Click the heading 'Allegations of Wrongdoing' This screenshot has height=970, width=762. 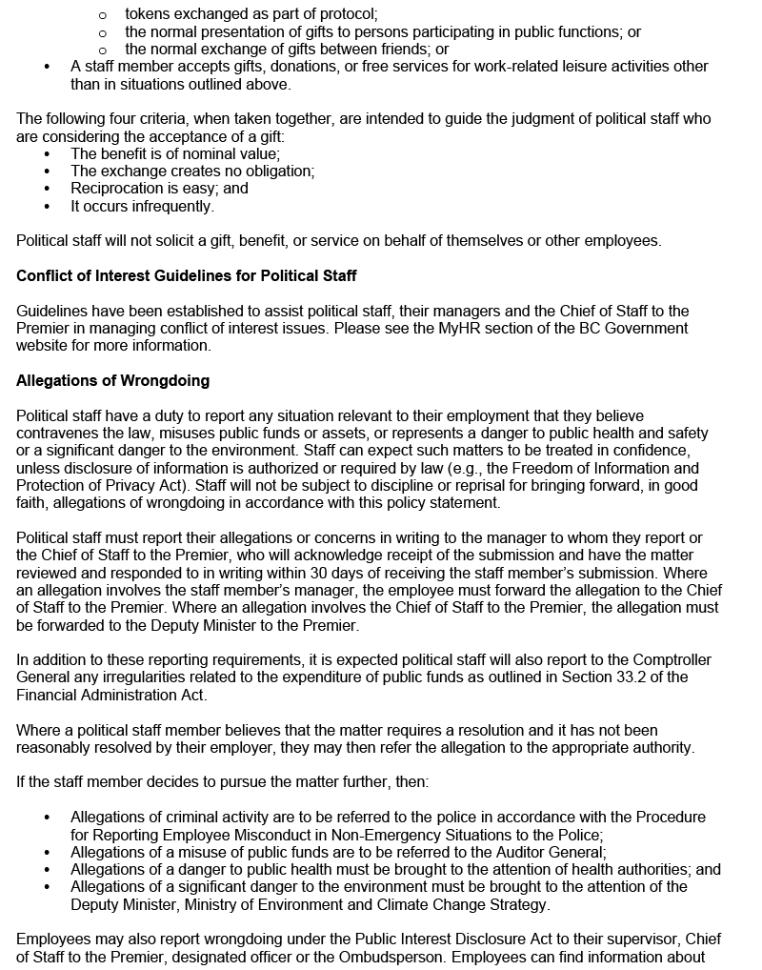coord(112,381)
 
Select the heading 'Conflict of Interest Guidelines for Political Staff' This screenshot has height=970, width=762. coord(187,276)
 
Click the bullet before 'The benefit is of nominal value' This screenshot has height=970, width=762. coord(49,153)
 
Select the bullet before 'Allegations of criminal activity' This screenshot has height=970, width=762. coord(49,818)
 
